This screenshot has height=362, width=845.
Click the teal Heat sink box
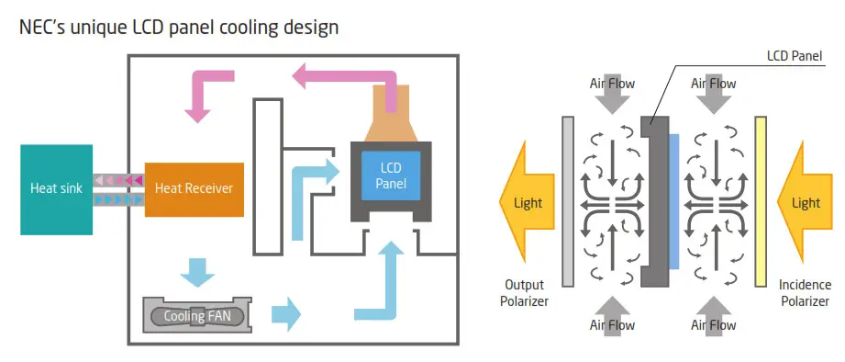[56, 188]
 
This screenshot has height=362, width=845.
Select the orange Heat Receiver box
[194, 188]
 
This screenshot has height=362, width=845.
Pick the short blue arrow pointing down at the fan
[196, 272]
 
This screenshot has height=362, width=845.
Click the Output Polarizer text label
[525, 292]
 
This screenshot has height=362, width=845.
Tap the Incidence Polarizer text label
[803, 292]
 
